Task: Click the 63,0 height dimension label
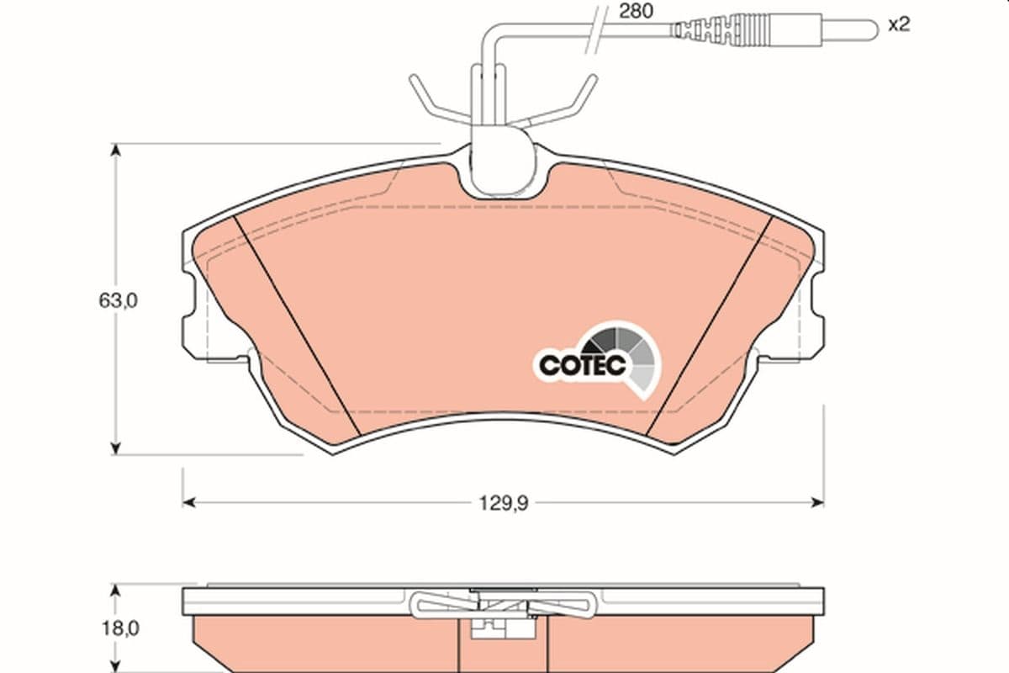click(x=118, y=300)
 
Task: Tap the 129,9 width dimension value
click(x=503, y=503)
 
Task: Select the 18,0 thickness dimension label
click(x=120, y=628)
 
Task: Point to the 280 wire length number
click(x=636, y=11)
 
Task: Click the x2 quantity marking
click(x=899, y=24)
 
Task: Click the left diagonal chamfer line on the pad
click(x=298, y=326)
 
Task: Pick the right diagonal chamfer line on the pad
click(x=710, y=326)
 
